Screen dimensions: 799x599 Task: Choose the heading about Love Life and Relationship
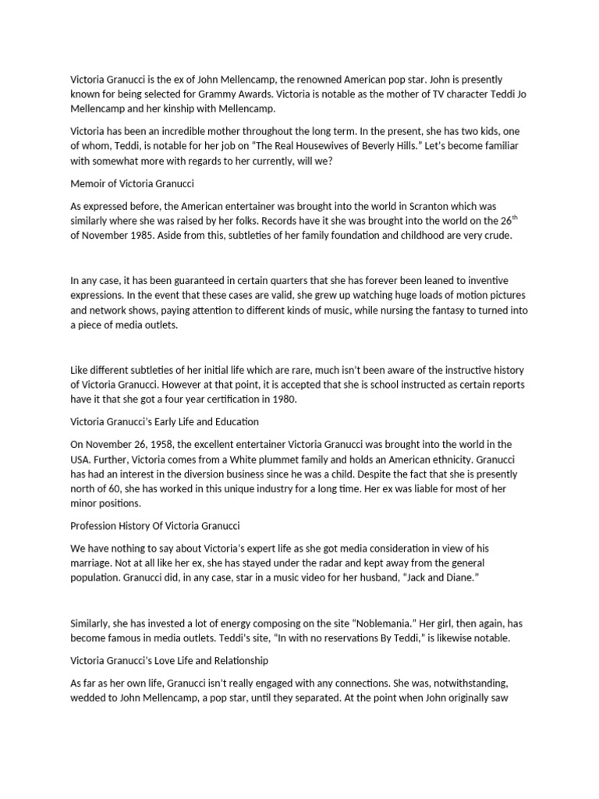pos(169,660)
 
